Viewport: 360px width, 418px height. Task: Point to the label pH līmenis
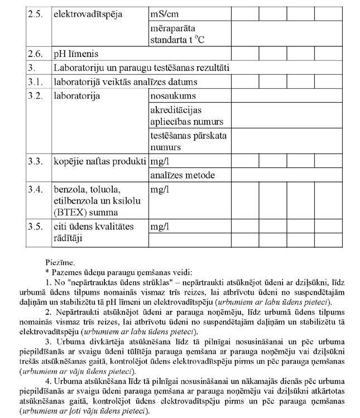pyautogui.click(x=76, y=54)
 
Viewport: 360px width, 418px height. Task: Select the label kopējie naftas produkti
pyautogui.click(x=100, y=161)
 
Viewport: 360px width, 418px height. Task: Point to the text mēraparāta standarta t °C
pyautogui.click(x=181, y=34)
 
